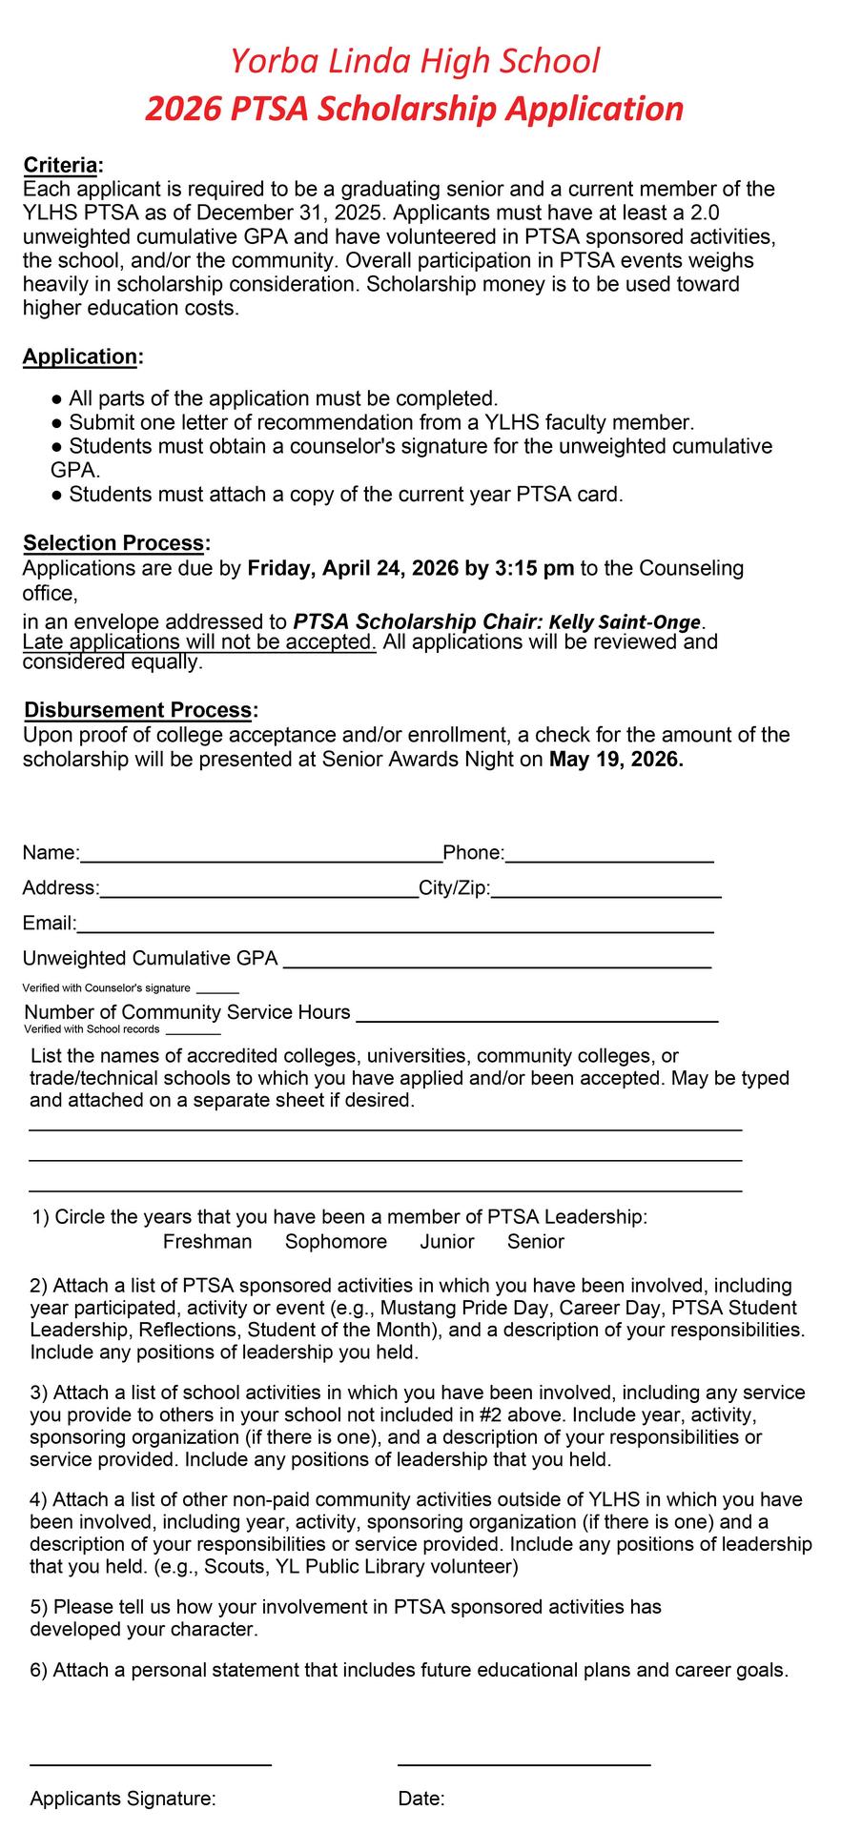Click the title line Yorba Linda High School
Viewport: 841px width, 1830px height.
click(x=414, y=61)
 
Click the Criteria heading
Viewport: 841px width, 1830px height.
click(x=60, y=165)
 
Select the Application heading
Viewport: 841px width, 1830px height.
click(x=80, y=356)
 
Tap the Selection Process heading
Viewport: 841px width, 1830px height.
click(x=113, y=543)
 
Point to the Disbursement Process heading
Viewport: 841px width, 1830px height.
click(x=138, y=710)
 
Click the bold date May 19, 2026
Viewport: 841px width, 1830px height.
click(x=616, y=761)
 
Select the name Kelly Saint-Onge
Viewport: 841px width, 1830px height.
click(x=625, y=622)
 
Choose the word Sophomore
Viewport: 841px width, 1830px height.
click(x=336, y=1242)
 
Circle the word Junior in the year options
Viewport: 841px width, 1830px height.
click(x=447, y=1242)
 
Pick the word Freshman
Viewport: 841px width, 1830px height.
click(x=207, y=1242)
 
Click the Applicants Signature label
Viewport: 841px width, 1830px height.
click(x=123, y=1799)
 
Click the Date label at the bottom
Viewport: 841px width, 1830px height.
click(x=420, y=1799)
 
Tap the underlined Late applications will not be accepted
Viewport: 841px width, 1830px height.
click(x=199, y=641)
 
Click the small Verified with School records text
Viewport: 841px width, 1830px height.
click(x=92, y=1029)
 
